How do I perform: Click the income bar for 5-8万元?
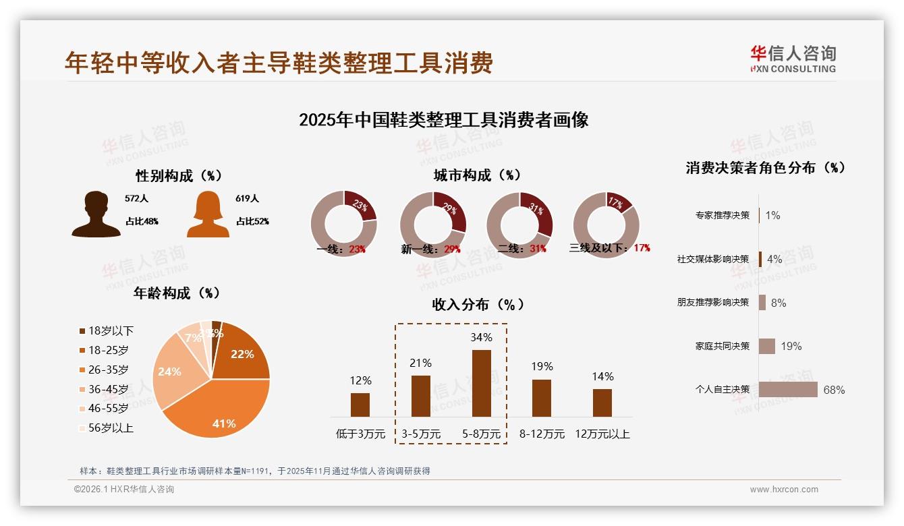(x=482, y=383)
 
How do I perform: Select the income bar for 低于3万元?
(x=360, y=405)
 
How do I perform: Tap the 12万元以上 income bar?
(x=602, y=403)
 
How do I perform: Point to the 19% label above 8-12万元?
(x=542, y=366)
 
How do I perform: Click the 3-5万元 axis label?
(x=421, y=434)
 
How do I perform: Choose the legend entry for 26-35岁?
(x=108, y=370)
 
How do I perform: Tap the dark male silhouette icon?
(x=96, y=214)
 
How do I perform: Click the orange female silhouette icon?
(x=208, y=214)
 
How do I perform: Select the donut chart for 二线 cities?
(x=519, y=224)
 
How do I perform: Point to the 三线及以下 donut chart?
(x=606, y=224)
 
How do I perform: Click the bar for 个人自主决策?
(x=788, y=390)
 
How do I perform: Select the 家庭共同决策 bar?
(x=767, y=346)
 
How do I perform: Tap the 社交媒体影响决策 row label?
(x=713, y=259)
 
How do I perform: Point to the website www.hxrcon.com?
(x=784, y=490)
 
